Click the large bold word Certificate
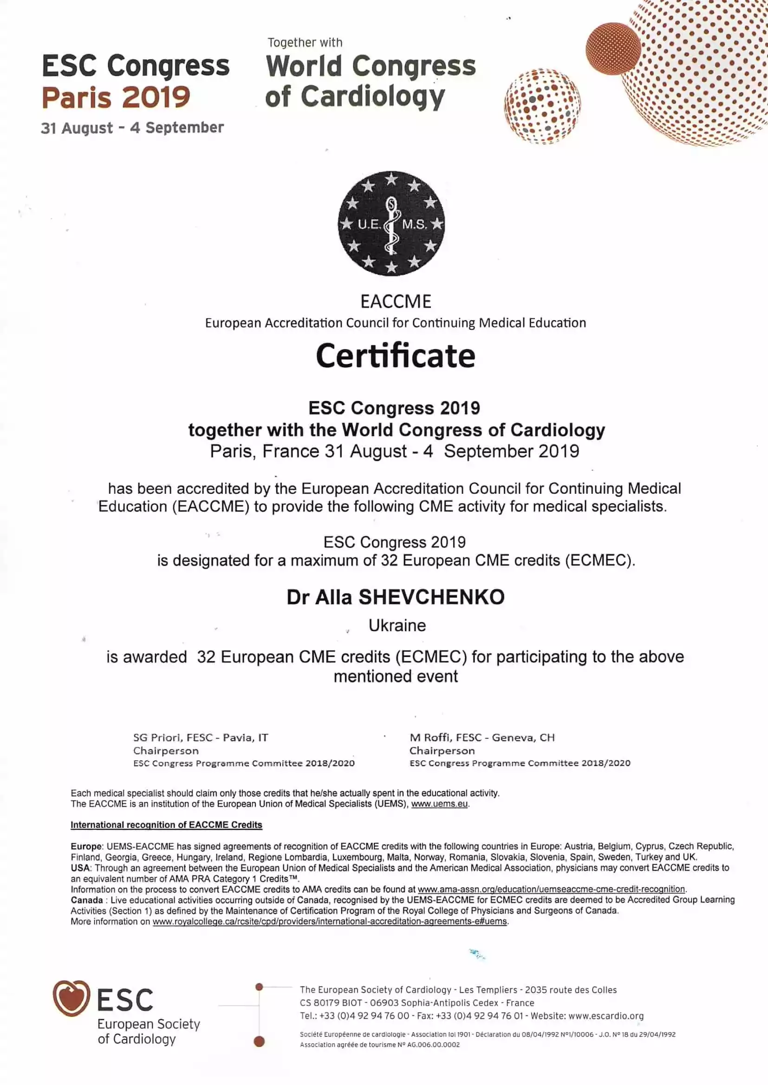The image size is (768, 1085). (x=395, y=356)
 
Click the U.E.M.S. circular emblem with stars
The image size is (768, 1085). (x=391, y=224)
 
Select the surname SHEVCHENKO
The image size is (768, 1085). (x=431, y=597)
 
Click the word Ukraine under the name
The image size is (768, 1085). (x=397, y=626)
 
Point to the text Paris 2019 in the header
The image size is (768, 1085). (x=116, y=97)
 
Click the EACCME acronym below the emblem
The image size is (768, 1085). (x=396, y=302)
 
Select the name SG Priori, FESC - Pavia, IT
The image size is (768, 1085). (x=201, y=738)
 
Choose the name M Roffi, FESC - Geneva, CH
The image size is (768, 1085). (x=482, y=738)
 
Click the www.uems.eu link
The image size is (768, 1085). (x=439, y=804)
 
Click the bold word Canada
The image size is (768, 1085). (x=86, y=900)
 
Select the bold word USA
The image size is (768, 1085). (x=80, y=868)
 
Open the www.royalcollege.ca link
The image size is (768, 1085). (x=330, y=922)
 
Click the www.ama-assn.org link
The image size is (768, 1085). (x=551, y=889)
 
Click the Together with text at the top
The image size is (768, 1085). (x=305, y=43)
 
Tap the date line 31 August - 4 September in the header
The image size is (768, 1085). (x=132, y=128)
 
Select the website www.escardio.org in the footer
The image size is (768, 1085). (x=606, y=1016)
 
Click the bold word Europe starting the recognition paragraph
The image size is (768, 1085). (x=86, y=846)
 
